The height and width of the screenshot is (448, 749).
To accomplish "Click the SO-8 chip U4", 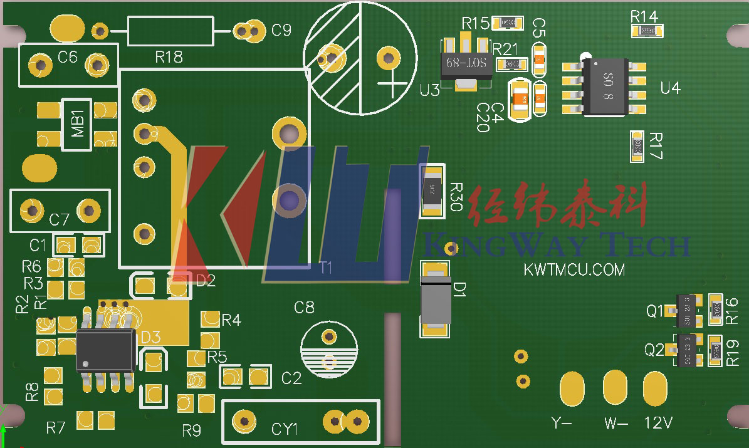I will (605, 87).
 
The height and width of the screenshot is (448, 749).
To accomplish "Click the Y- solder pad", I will (572, 388).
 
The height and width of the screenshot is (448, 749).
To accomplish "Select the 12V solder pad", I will (655, 388).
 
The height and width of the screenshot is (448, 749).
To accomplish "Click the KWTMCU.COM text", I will (574, 270).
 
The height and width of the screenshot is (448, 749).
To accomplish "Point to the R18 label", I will (169, 58).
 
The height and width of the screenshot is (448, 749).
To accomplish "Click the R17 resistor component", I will (637, 147).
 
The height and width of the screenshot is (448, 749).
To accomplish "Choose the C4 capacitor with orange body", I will (520, 98).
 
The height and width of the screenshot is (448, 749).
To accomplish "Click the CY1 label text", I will (285, 429).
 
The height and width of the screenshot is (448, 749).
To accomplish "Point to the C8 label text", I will (305, 308).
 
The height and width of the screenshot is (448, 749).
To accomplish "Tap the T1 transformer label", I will (325, 268).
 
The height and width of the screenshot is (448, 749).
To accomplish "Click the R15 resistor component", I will (508, 23).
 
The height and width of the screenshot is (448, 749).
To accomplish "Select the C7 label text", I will (60, 219).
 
